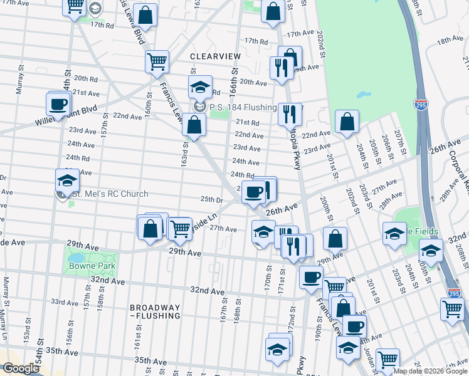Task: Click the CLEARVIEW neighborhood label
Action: [215, 56]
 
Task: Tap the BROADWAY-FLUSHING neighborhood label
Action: [155, 311]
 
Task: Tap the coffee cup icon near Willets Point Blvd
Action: [58, 104]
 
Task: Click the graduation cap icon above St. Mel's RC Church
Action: [67, 180]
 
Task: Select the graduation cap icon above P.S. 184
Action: [200, 87]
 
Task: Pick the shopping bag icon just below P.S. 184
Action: [194, 125]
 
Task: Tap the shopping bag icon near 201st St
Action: [346, 122]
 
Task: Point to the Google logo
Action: [20, 368]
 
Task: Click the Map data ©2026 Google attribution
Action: [430, 371]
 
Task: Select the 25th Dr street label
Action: [212, 199]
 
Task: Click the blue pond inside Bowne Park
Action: [75, 258]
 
